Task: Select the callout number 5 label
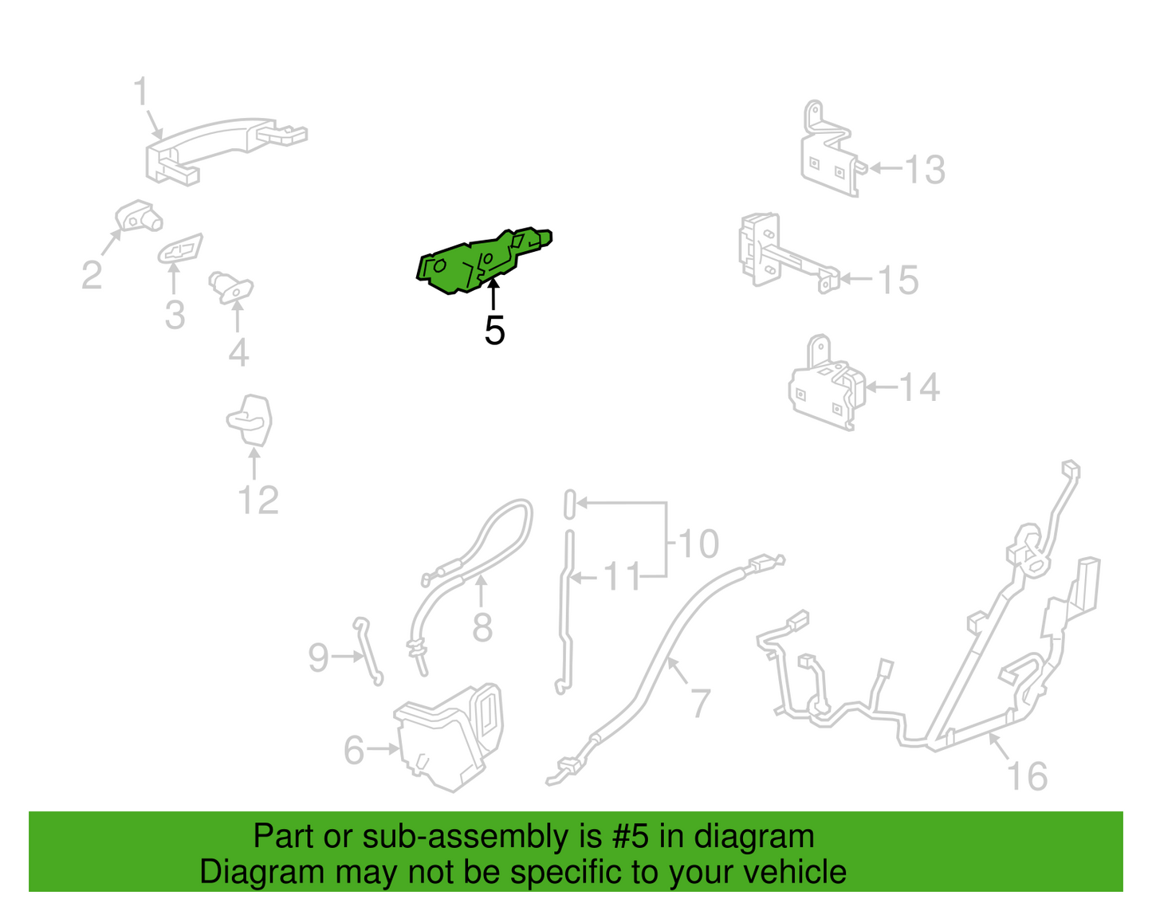[x=494, y=331]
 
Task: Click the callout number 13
[x=925, y=170]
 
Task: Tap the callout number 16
[x=1028, y=776]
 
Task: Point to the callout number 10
[x=698, y=543]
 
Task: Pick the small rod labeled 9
[x=368, y=652]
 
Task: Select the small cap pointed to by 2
[x=138, y=216]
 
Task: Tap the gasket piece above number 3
[x=180, y=248]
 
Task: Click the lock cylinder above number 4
[x=231, y=287]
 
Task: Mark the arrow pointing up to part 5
[x=493, y=295]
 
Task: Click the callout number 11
[x=623, y=576]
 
